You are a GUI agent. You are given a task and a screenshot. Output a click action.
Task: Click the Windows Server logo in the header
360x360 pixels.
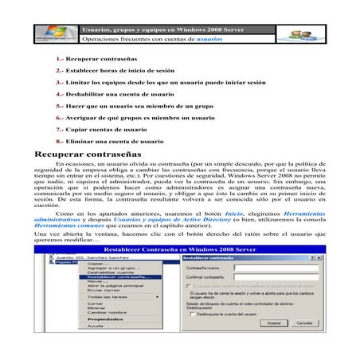[56, 34]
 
